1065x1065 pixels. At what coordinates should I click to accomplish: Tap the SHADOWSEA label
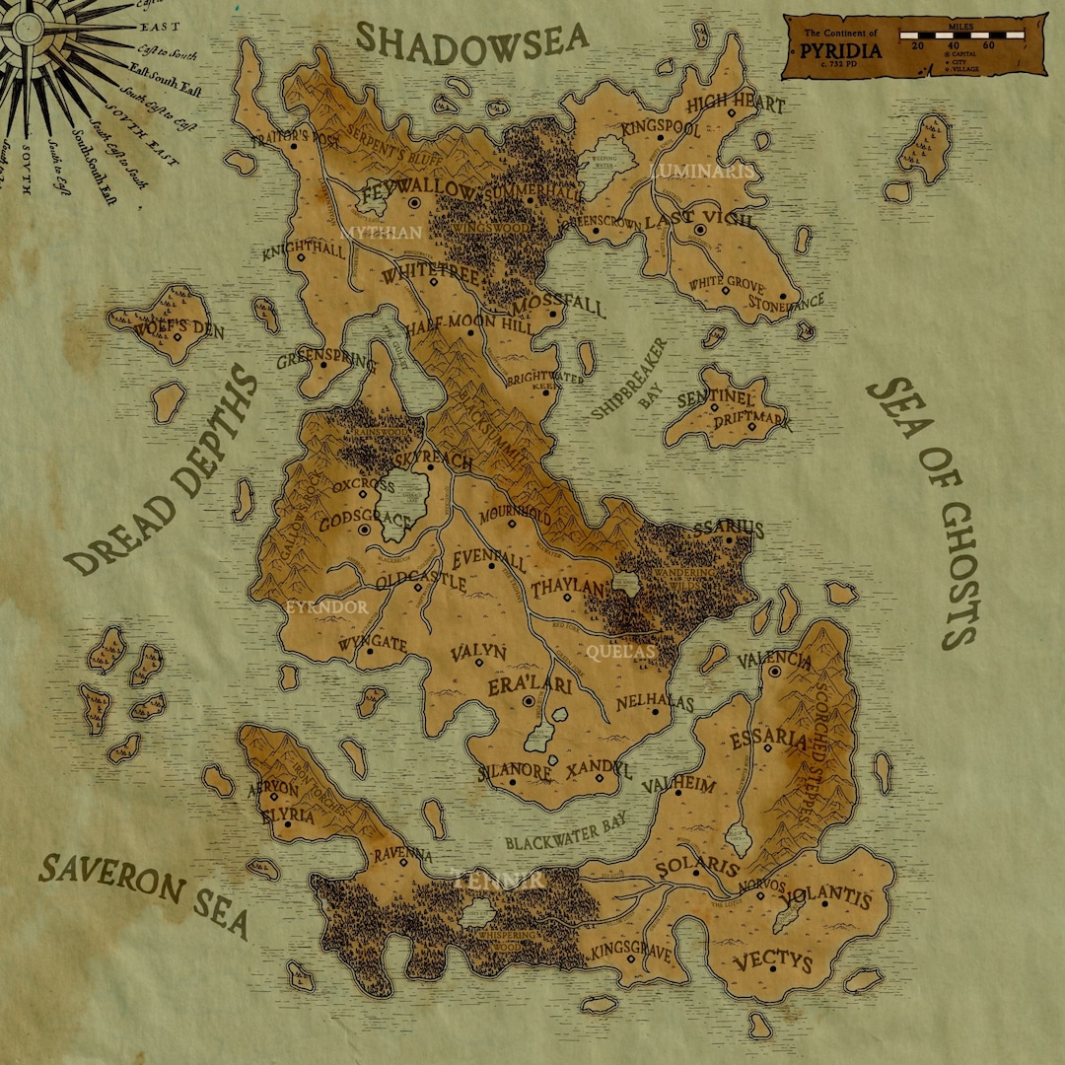(471, 39)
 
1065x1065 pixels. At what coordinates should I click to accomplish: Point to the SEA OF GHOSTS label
(922, 513)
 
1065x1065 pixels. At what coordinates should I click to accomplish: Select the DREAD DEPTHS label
(163, 473)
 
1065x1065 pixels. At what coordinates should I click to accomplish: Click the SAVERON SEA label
(144, 893)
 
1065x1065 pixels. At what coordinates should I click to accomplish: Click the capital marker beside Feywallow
(415, 203)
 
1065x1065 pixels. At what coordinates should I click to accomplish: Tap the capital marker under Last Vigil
(699, 230)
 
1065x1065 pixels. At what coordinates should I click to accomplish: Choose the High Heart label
(735, 104)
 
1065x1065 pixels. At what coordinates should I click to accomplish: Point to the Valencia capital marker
(775, 672)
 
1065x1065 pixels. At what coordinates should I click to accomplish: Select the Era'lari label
(530, 686)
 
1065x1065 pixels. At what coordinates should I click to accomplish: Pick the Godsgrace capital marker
(364, 530)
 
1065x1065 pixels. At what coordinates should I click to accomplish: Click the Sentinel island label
(715, 399)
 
